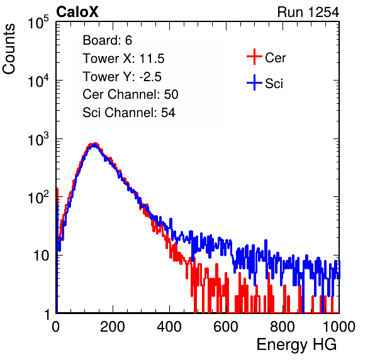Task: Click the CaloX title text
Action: point(77,12)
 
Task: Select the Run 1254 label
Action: point(308,12)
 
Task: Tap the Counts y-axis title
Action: point(9,49)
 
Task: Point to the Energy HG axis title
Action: point(296,345)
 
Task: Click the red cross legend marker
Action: point(254,57)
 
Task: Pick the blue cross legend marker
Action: point(254,82)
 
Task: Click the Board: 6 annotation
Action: point(107,40)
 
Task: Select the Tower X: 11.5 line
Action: point(123,59)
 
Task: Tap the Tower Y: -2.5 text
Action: point(122,77)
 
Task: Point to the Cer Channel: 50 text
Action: point(130,94)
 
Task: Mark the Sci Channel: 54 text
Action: point(129,113)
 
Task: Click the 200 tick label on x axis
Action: point(113,326)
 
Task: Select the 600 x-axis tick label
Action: point(226,326)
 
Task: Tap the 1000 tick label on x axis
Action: point(339,326)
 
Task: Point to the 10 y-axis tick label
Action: point(41,256)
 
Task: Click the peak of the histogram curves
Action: point(95,144)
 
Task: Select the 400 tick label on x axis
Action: point(169,326)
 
